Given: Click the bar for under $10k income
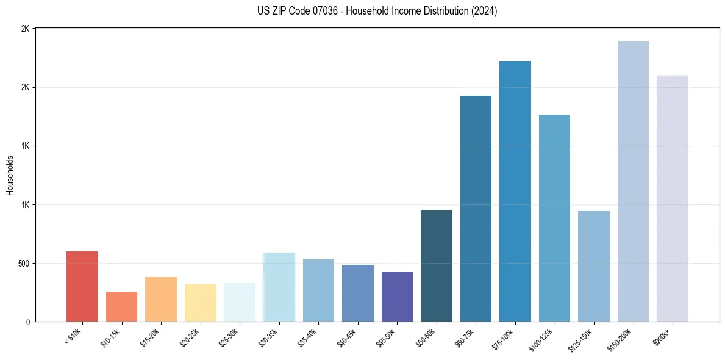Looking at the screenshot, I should click(82, 286).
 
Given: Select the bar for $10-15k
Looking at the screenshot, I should click(121, 306).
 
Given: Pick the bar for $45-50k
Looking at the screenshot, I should click(397, 297).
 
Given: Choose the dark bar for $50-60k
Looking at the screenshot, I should click(437, 265).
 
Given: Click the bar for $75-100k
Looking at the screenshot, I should click(515, 191).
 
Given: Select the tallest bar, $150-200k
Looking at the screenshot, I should click(633, 181).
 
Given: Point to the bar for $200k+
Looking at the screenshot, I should click(672, 198).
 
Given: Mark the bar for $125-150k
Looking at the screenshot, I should click(594, 266).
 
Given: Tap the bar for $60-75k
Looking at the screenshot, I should click(476, 209).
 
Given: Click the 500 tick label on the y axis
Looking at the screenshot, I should click(23, 264).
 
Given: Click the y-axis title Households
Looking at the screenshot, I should click(10, 175).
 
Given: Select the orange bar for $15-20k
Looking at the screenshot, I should click(161, 299).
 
